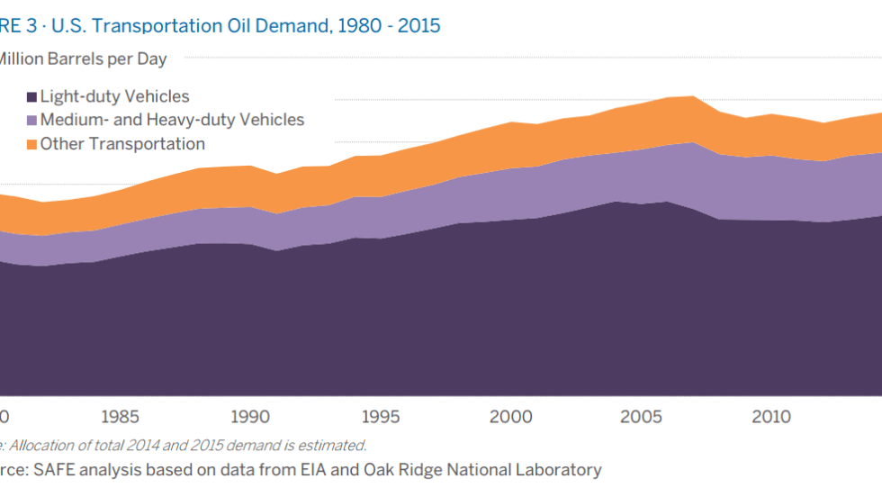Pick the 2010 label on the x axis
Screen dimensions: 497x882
(770, 417)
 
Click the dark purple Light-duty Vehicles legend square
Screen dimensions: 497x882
(31, 97)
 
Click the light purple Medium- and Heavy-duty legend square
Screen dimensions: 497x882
(31, 121)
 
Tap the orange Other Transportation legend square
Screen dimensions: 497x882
(31, 144)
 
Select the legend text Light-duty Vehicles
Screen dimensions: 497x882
(115, 97)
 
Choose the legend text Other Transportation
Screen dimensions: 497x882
(122, 144)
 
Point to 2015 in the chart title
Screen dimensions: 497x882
(418, 25)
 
